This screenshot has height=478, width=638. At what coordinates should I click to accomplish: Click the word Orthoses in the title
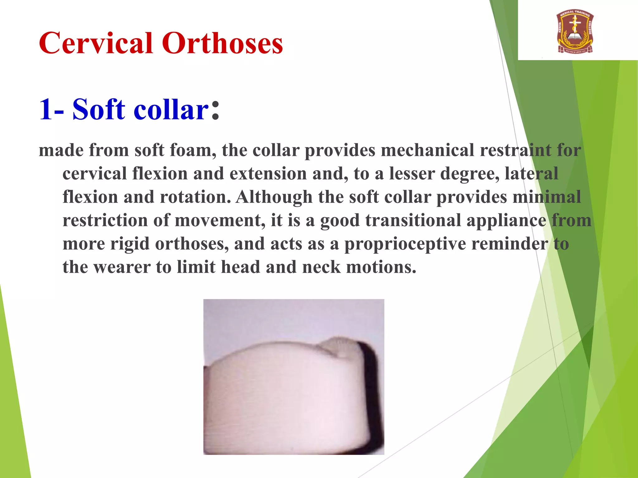pyautogui.click(x=222, y=43)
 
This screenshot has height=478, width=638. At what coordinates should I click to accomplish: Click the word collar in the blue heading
pyautogui.click(x=171, y=109)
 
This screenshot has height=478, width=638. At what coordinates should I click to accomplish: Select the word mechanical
pyautogui.click(x=427, y=150)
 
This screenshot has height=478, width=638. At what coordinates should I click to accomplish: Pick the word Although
pyautogui.click(x=274, y=197)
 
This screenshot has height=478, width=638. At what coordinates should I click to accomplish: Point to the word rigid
pyautogui.click(x=130, y=244)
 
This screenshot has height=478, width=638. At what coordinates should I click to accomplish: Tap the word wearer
pyautogui.click(x=122, y=267)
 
